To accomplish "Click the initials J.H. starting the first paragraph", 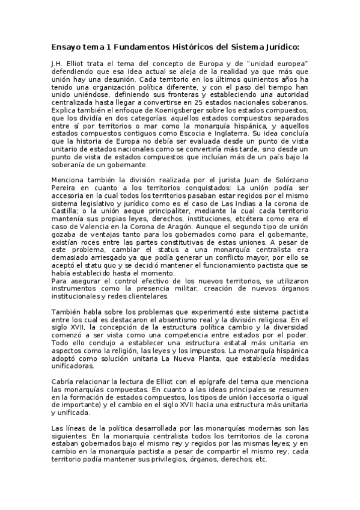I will (58, 63).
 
